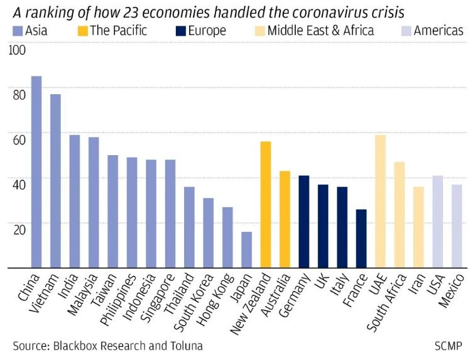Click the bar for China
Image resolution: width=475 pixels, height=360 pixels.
click(x=36, y=172)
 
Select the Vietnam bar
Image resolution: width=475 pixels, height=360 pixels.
click(x=55, y=181)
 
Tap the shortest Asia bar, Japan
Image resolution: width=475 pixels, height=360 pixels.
click(x=246, y=250)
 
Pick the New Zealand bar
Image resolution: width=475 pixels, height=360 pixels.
click(x=265, y=205)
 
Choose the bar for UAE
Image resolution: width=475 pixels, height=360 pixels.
click(x=379, y=202)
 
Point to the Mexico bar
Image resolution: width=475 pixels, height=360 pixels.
click(x=456, y=226)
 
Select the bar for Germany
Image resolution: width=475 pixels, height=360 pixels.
click(x=303, y=222)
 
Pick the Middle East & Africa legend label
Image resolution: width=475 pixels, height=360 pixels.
click(x=320, y=30)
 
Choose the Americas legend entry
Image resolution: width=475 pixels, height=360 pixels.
click(x=439, y=30)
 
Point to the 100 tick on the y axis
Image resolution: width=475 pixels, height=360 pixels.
click(x=18, y=52)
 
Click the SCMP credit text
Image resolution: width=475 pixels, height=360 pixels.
click(x=448, y=346)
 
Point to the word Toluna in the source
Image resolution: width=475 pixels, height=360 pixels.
click(x=185, y=346)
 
